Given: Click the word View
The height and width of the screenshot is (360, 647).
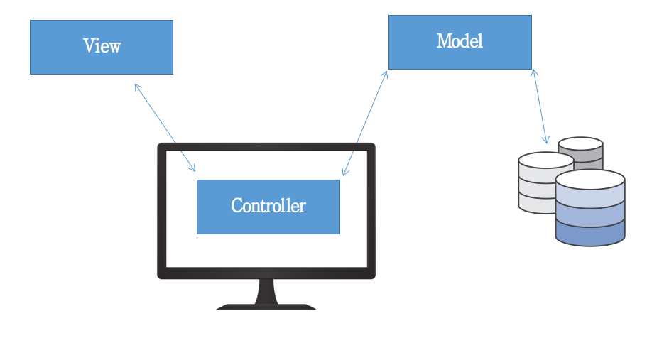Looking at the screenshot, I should click(102, 47).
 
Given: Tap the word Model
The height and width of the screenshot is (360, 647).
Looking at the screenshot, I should click(460, 41).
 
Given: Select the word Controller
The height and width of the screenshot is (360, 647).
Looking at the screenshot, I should click(268, 206).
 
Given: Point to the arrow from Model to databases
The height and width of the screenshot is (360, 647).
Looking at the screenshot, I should click(540, 107).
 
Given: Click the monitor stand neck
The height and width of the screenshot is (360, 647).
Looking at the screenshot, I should click(266, 290).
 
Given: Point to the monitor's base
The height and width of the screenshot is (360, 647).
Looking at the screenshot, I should click(266, 307).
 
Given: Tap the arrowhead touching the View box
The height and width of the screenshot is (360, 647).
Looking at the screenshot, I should click(136, 85).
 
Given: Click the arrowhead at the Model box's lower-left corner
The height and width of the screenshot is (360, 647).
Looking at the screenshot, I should click(386, 73).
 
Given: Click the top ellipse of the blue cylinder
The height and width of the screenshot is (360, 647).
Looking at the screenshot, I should click(589, 178).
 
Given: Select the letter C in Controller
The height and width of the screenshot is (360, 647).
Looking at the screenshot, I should click(237, 206).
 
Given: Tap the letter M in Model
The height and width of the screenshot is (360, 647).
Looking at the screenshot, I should click(444, 41).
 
